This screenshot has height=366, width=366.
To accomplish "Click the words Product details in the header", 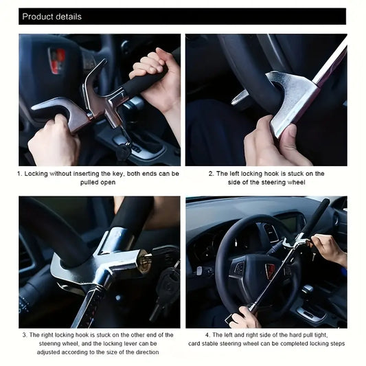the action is [x=52, y=16].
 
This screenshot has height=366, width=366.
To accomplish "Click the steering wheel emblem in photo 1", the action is [x=56, y=60].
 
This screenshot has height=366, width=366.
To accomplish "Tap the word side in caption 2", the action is [x=234, y=182].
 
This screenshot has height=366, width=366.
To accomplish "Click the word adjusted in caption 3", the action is [x=48, y=352].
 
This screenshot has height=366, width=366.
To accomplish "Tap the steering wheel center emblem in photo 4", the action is [x=271, y=271].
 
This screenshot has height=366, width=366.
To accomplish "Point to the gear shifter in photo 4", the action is [x=308, y=290].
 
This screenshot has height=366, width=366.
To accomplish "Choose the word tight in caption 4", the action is [x=321, y=335].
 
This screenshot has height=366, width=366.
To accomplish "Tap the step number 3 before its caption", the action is [x=25, y=335].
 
